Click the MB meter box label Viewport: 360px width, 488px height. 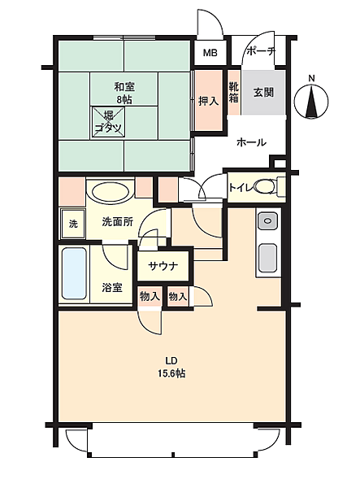point(210,53)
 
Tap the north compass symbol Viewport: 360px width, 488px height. point(311,102)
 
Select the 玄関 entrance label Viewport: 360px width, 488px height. point(263,93)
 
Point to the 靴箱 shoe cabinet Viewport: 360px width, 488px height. point(234,92)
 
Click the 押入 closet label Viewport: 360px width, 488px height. point(208,101)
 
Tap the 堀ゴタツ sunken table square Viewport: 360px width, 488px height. point(108,122)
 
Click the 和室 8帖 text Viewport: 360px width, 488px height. point(124,93)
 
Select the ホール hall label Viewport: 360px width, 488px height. point(251,142)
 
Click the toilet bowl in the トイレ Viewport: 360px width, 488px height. point(265,187)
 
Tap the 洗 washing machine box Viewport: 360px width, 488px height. point(73,224)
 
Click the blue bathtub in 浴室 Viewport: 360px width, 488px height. point(74,273)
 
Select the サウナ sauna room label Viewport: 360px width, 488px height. point(163,266)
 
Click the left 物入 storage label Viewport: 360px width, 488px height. point(150,296)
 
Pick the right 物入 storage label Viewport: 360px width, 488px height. point(178,296)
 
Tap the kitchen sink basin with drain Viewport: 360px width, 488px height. point(267,221)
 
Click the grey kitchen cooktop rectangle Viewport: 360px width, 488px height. point(267,257)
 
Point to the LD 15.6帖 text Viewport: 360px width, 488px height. point(172,367)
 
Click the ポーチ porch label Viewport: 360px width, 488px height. point(261,51)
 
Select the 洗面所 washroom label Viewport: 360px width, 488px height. point(118,221)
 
